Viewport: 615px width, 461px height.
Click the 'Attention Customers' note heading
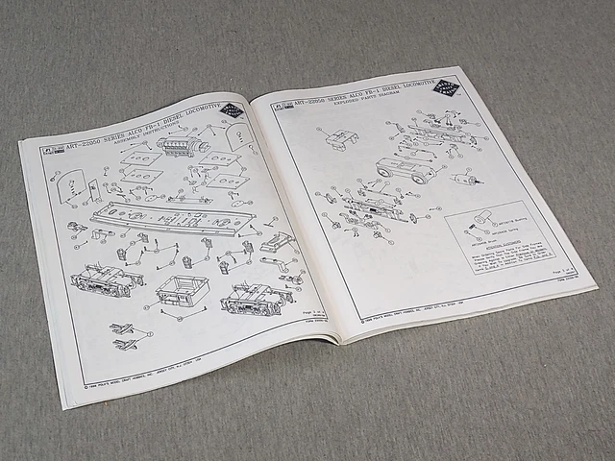point(491,245)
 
